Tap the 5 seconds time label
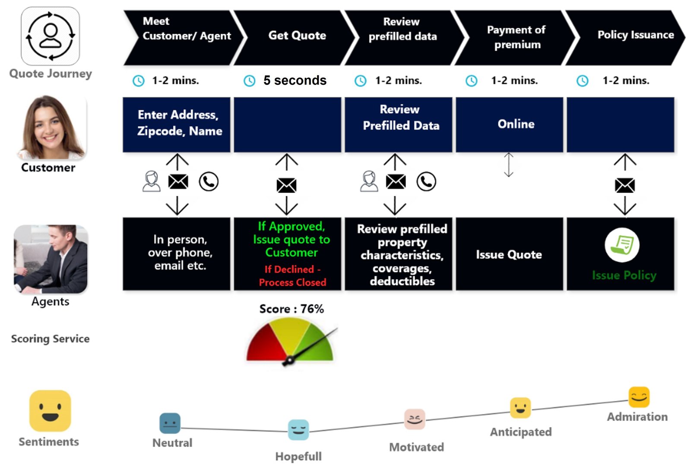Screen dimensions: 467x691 (295, 80)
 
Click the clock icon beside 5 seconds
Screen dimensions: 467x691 (250, 81)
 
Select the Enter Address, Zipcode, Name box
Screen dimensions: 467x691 (177, 125)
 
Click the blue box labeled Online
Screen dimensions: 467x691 (510, 125)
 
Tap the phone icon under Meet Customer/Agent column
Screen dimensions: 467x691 (209, 182)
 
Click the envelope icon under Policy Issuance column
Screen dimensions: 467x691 (624, 186)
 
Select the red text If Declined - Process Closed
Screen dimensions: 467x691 (292, 276)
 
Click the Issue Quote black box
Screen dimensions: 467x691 (509, 254)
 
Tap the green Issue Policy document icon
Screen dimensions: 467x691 (622, 245)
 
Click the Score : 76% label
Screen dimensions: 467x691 (292, 309)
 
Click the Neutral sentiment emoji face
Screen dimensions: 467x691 (170, 423)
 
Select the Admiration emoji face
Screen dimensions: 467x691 (639, 397)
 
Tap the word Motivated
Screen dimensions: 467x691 (416, 447)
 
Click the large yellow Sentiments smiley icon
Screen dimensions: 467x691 (50, 411)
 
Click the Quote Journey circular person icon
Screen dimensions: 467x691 (51, 36)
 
